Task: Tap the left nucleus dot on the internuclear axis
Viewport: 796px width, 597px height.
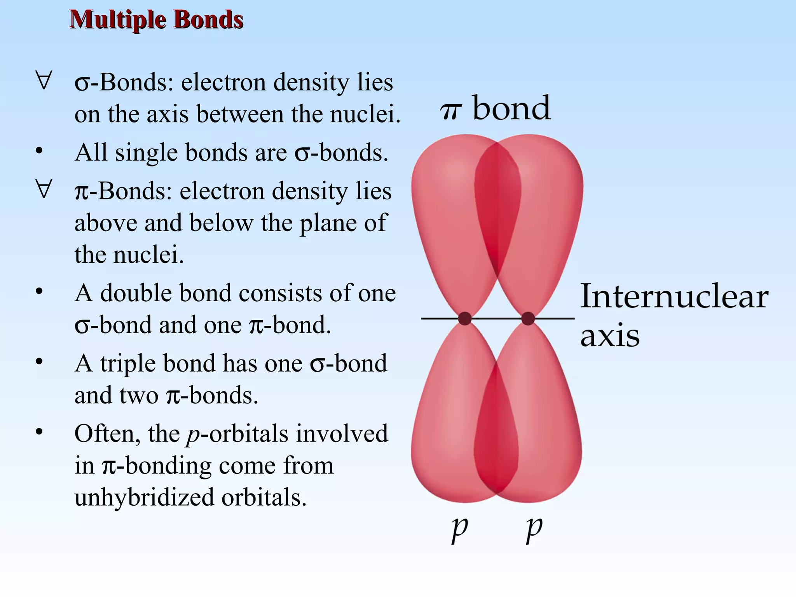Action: tap(465, 318)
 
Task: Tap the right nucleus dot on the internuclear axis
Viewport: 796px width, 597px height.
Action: tap(528, 318)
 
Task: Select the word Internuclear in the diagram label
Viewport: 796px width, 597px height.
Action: tap(674, 297)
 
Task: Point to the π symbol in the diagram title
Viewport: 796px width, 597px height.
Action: tap(451, 111)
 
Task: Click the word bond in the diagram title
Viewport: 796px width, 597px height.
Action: tap(511, 108)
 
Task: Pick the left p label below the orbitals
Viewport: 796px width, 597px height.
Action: tap(460, 529)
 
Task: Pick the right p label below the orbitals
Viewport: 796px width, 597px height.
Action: tap(534, 529)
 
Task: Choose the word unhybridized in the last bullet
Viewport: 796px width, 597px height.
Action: tap(144, 497)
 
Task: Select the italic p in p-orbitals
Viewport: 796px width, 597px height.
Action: tap(193, 436)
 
